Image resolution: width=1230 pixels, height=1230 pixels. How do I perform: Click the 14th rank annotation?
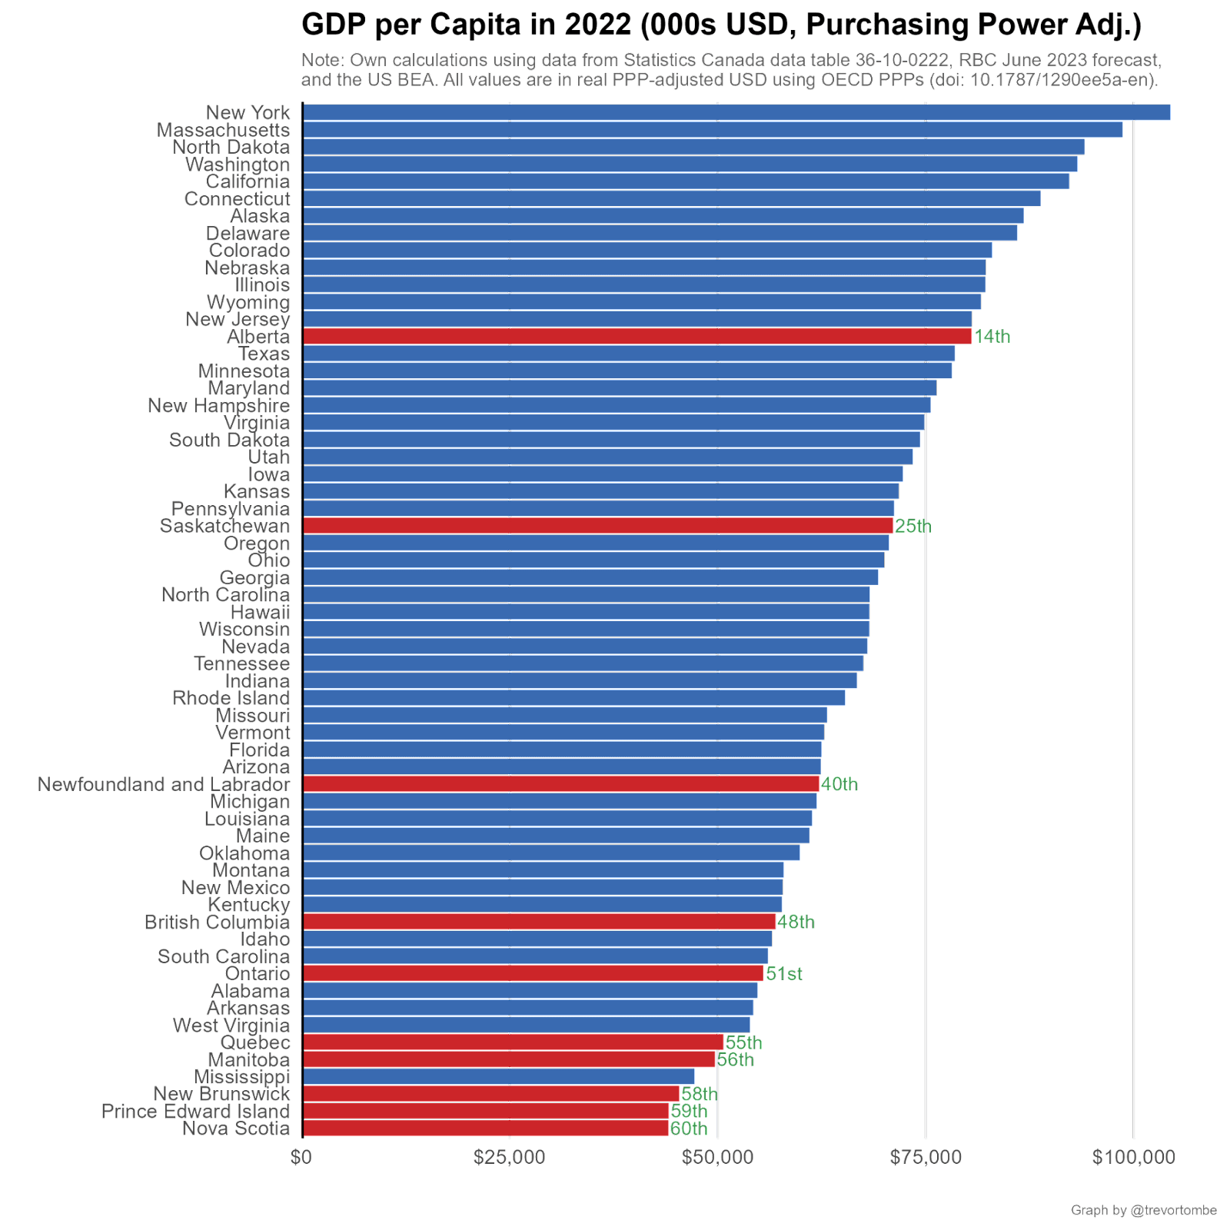992,337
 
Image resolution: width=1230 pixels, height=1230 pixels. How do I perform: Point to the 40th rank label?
839,784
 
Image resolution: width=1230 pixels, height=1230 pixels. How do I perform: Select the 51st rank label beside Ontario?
784,974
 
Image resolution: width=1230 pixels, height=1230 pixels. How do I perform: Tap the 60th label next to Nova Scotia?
689,1129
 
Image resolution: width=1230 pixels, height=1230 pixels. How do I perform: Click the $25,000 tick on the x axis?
510,1157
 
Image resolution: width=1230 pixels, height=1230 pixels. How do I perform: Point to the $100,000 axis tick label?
1134,1157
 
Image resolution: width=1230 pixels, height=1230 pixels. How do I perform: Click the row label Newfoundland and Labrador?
165,784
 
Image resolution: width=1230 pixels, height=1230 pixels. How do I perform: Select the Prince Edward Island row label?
195,1112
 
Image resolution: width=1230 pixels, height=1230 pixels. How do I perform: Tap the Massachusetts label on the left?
223,130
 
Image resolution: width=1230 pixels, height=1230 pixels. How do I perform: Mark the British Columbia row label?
218,922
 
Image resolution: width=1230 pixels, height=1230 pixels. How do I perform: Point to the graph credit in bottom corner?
1144,1211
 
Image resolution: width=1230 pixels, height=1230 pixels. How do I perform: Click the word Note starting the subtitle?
322,60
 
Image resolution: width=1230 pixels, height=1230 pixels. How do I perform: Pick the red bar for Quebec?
513,1042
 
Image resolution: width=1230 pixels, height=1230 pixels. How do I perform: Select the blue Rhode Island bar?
573,698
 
